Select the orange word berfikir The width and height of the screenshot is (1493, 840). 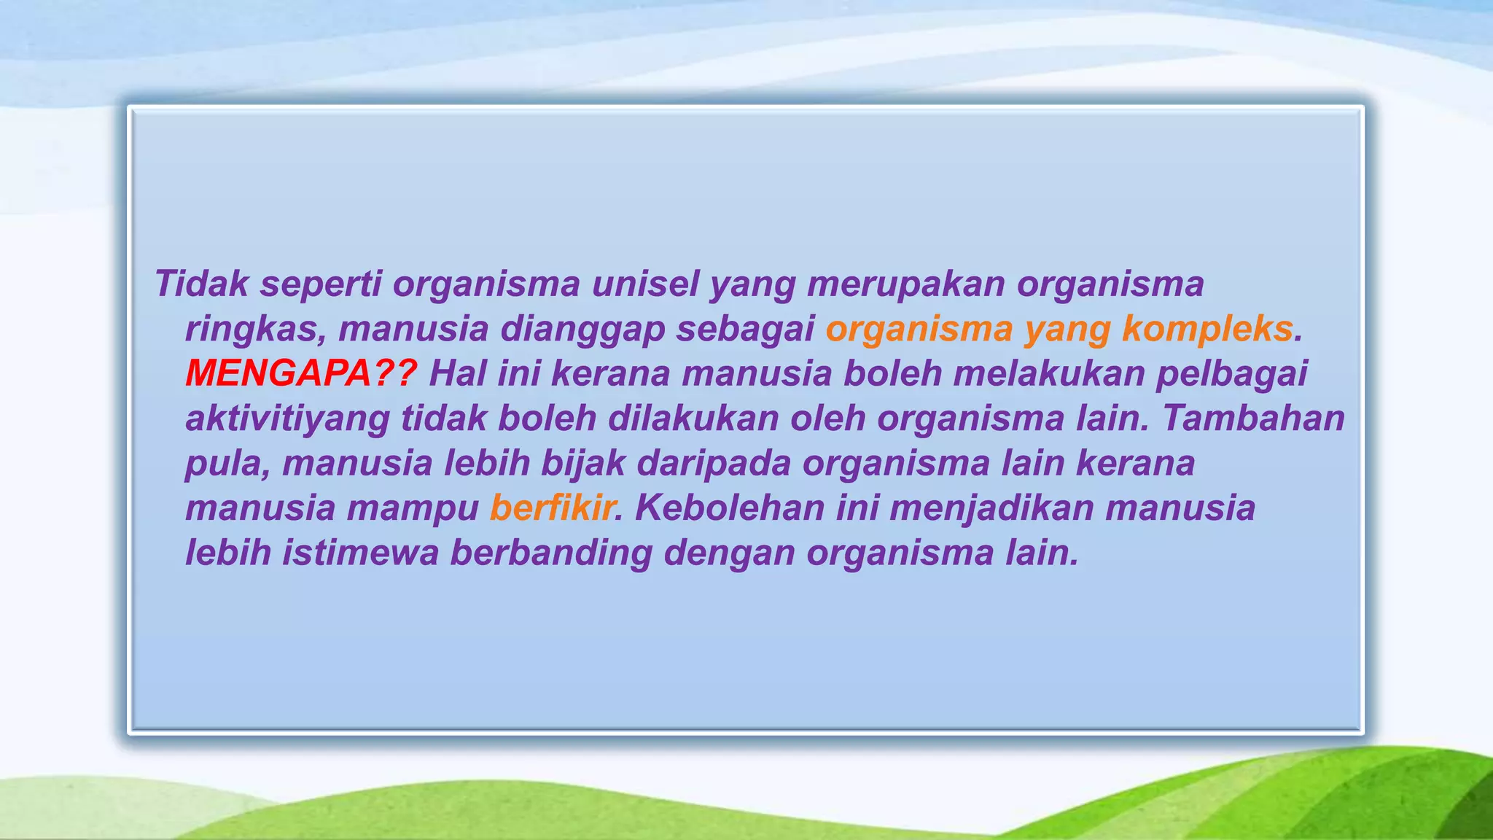[553, 507]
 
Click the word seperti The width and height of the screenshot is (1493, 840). [321, 284]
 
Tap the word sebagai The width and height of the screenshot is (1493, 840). [745, 329]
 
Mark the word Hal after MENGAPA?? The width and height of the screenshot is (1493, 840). [457, 373]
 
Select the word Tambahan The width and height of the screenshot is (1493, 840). [1253, 419]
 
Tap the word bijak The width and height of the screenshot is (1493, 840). [582, 464]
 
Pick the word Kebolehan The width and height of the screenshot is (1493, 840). [730, 507]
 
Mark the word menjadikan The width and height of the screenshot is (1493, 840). [991, 507]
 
